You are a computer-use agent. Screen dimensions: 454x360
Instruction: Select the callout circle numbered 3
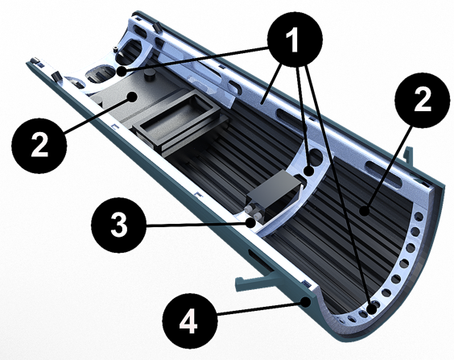pyautogui.click(x=118, y=225)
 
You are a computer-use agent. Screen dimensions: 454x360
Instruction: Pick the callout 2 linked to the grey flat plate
pyautogui.click(x=39, y=146)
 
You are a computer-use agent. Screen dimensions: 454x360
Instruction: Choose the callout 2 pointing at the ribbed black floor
pyautogui.click(x=423, y=100)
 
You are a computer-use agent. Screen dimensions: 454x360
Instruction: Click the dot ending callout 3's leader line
pyautogui.click(x=250, y=223)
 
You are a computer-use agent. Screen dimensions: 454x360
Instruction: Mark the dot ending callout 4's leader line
pyautogui.click(x=305, y=303)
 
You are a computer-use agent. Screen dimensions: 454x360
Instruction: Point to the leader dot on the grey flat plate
pyautogui.click(x=133, y=97)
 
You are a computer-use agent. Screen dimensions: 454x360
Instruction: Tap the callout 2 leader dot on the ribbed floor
pyautogui.click(x=365, y=211)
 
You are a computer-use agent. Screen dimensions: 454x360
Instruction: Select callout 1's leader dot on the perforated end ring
pyautogui.click(x=371, y=309)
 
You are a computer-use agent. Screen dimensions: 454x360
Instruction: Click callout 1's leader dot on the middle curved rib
pyautogui.click(x=309, y=171)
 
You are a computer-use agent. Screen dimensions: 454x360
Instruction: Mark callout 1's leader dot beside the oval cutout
pyautogui.click(x=122, y=71)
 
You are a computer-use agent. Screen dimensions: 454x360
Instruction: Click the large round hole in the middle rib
pyautogui.click(x=316, y=156)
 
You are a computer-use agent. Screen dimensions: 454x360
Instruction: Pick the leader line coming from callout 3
pyautogui.click(x=196, y=224)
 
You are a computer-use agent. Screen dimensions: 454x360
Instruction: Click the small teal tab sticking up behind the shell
pyautogui.click(x=408, y=156)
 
